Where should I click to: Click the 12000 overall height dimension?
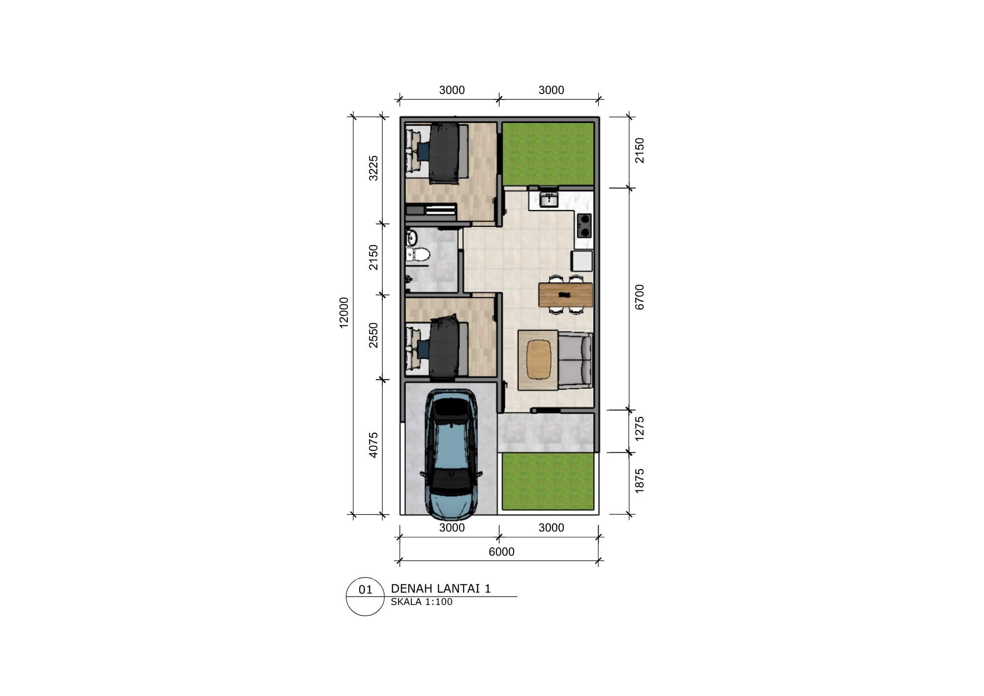point(344,312)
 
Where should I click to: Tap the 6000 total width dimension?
point(501,552)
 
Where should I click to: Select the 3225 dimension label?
point(374,168)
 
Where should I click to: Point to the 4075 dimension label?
point(374,445)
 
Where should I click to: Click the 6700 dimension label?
point(640,297)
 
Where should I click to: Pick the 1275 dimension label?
point(640,429)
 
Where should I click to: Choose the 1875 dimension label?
point(640,481)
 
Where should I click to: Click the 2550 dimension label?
point(374,335)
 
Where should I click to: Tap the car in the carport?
point(451,454)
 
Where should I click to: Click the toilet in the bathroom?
point(419,254)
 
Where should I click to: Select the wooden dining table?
point(565,294)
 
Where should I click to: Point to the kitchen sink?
point(548,199)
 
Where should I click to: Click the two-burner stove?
point(584,225)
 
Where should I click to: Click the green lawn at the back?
point(548,154)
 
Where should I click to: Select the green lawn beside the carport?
point(548,481)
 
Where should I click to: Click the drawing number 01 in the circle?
point(366,590)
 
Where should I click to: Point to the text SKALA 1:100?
point(422,602)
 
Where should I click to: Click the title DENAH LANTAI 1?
point(441,589)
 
